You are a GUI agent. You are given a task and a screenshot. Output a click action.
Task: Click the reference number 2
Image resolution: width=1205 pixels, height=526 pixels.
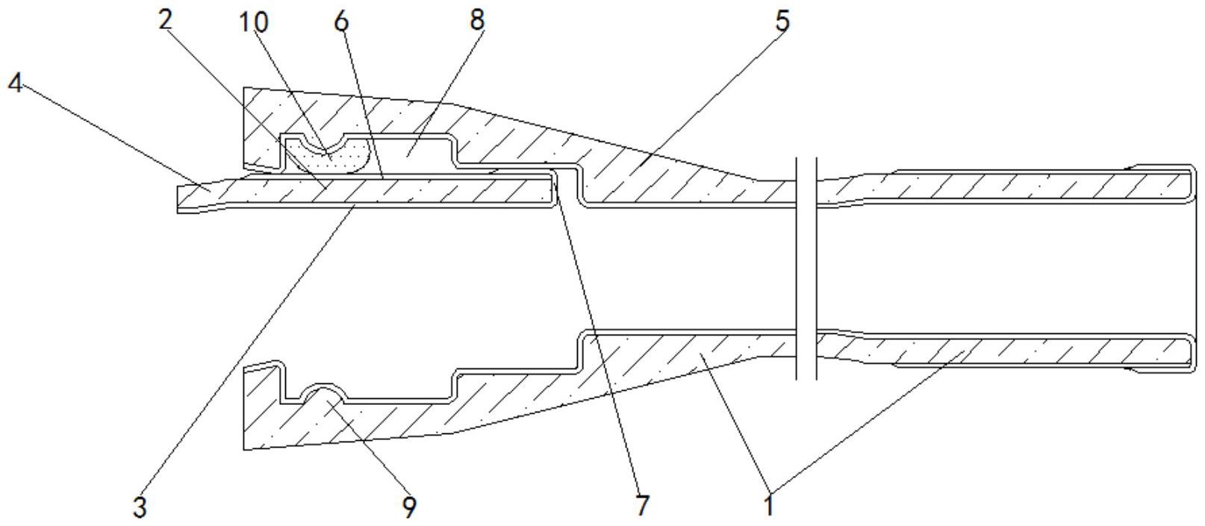pyautogui.click(x=165, y=20)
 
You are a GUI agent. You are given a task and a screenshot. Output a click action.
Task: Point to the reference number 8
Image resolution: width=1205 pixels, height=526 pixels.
pyautogui.click(x=476, y=20)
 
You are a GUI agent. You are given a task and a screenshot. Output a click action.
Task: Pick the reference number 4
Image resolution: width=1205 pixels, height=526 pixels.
pyautogui.click(x=14, y=83)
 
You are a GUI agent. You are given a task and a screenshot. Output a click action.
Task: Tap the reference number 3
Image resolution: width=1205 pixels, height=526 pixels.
pyautogui.click(x=140, y=507)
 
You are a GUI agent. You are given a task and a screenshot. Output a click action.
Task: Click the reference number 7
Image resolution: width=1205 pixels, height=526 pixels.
pyautogui.click(x=642, y=506)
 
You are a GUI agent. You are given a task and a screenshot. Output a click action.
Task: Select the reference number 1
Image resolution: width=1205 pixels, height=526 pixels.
pyautogui.click(x=769, y=506)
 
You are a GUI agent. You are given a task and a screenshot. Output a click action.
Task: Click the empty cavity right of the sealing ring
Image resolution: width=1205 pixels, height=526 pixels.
pyautogui.click(x=411, y=155)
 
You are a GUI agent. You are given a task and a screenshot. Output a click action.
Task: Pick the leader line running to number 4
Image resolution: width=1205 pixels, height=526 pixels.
pyautogui.click(x=112, y=134)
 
